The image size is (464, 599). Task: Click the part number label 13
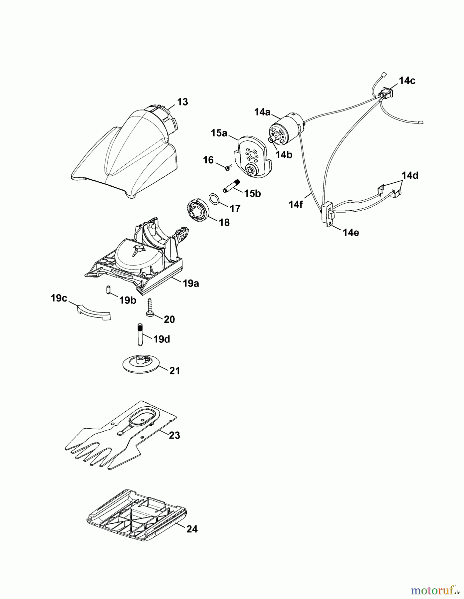tap(182, 102)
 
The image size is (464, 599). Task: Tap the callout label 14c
tap(407, 81)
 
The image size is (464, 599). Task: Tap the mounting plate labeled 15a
tap(252, 156)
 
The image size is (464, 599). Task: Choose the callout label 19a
tap(191, 284)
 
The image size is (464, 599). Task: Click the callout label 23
tap(174, 435)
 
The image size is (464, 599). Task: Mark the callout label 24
tap(192, 529)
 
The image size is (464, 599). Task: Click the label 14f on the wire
tap(296, 204)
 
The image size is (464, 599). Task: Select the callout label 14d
tap(410, 175)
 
